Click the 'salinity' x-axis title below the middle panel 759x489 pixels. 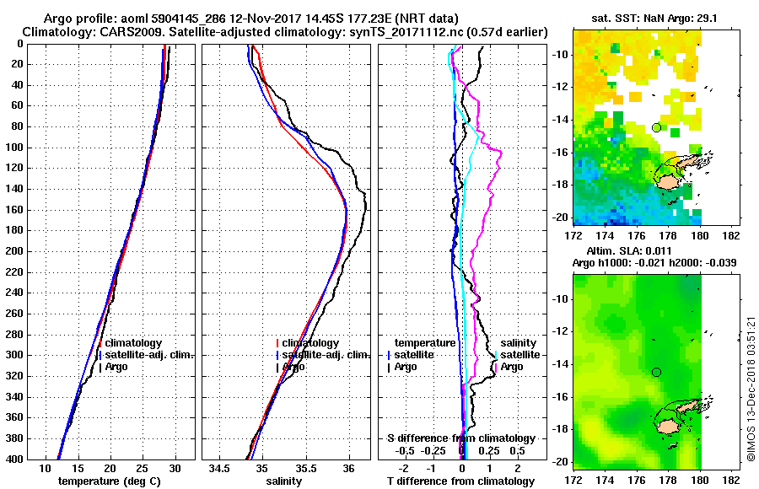click(284, 481)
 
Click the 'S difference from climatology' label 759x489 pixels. click(461, 438)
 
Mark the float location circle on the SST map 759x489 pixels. click(656, 127)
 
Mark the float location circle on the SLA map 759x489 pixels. click(656, 372)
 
